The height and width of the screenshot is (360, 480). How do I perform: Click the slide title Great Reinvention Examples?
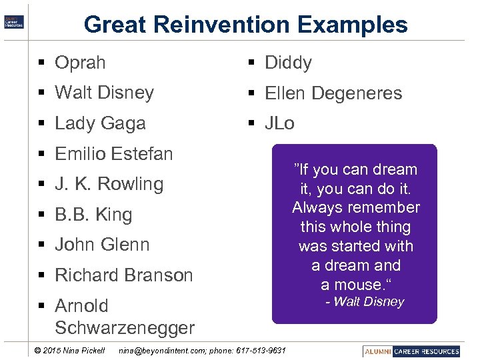245,25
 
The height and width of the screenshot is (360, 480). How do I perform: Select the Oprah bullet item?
80,63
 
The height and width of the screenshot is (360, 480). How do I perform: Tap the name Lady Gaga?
100,123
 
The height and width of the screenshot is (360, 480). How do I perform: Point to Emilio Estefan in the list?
113,154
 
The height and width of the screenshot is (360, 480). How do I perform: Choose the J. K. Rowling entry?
109,184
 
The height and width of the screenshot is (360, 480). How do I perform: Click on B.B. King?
93,215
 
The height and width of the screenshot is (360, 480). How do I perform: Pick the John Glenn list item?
102,245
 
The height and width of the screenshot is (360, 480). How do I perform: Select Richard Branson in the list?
123,275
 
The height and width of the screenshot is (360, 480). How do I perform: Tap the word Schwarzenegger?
125,328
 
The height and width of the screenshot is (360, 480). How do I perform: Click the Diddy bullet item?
288,63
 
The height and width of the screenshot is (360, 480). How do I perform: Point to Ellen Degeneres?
333,93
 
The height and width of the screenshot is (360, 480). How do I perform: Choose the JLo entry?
279,123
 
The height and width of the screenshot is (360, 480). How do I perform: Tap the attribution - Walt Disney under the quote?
365,302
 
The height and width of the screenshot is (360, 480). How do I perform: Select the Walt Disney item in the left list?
104,93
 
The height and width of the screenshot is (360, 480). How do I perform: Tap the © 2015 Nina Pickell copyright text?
69,351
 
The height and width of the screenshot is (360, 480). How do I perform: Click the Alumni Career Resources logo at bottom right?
412,351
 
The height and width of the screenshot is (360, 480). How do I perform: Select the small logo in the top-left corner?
14,21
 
